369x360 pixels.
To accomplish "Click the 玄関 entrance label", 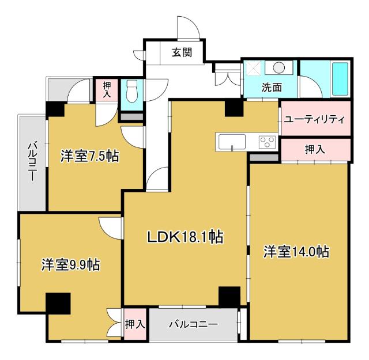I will pos(181,52).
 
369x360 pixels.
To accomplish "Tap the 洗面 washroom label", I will pos(272,88).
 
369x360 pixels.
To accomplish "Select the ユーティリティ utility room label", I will pos(314,120).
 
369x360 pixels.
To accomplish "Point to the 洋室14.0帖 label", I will pos(297,252).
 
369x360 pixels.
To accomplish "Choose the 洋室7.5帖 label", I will pos(90,156).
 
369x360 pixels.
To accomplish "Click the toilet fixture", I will pos(131,91).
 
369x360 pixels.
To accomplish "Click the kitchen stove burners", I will pos(267,142).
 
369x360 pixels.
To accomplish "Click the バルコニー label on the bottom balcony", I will pos(193,325).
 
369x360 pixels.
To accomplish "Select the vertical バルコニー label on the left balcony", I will pos(32,162).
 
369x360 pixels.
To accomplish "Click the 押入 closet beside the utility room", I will pos(315,149).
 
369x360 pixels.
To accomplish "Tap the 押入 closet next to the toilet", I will pos(107,90).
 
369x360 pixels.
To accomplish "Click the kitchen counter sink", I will pos(231,142).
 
